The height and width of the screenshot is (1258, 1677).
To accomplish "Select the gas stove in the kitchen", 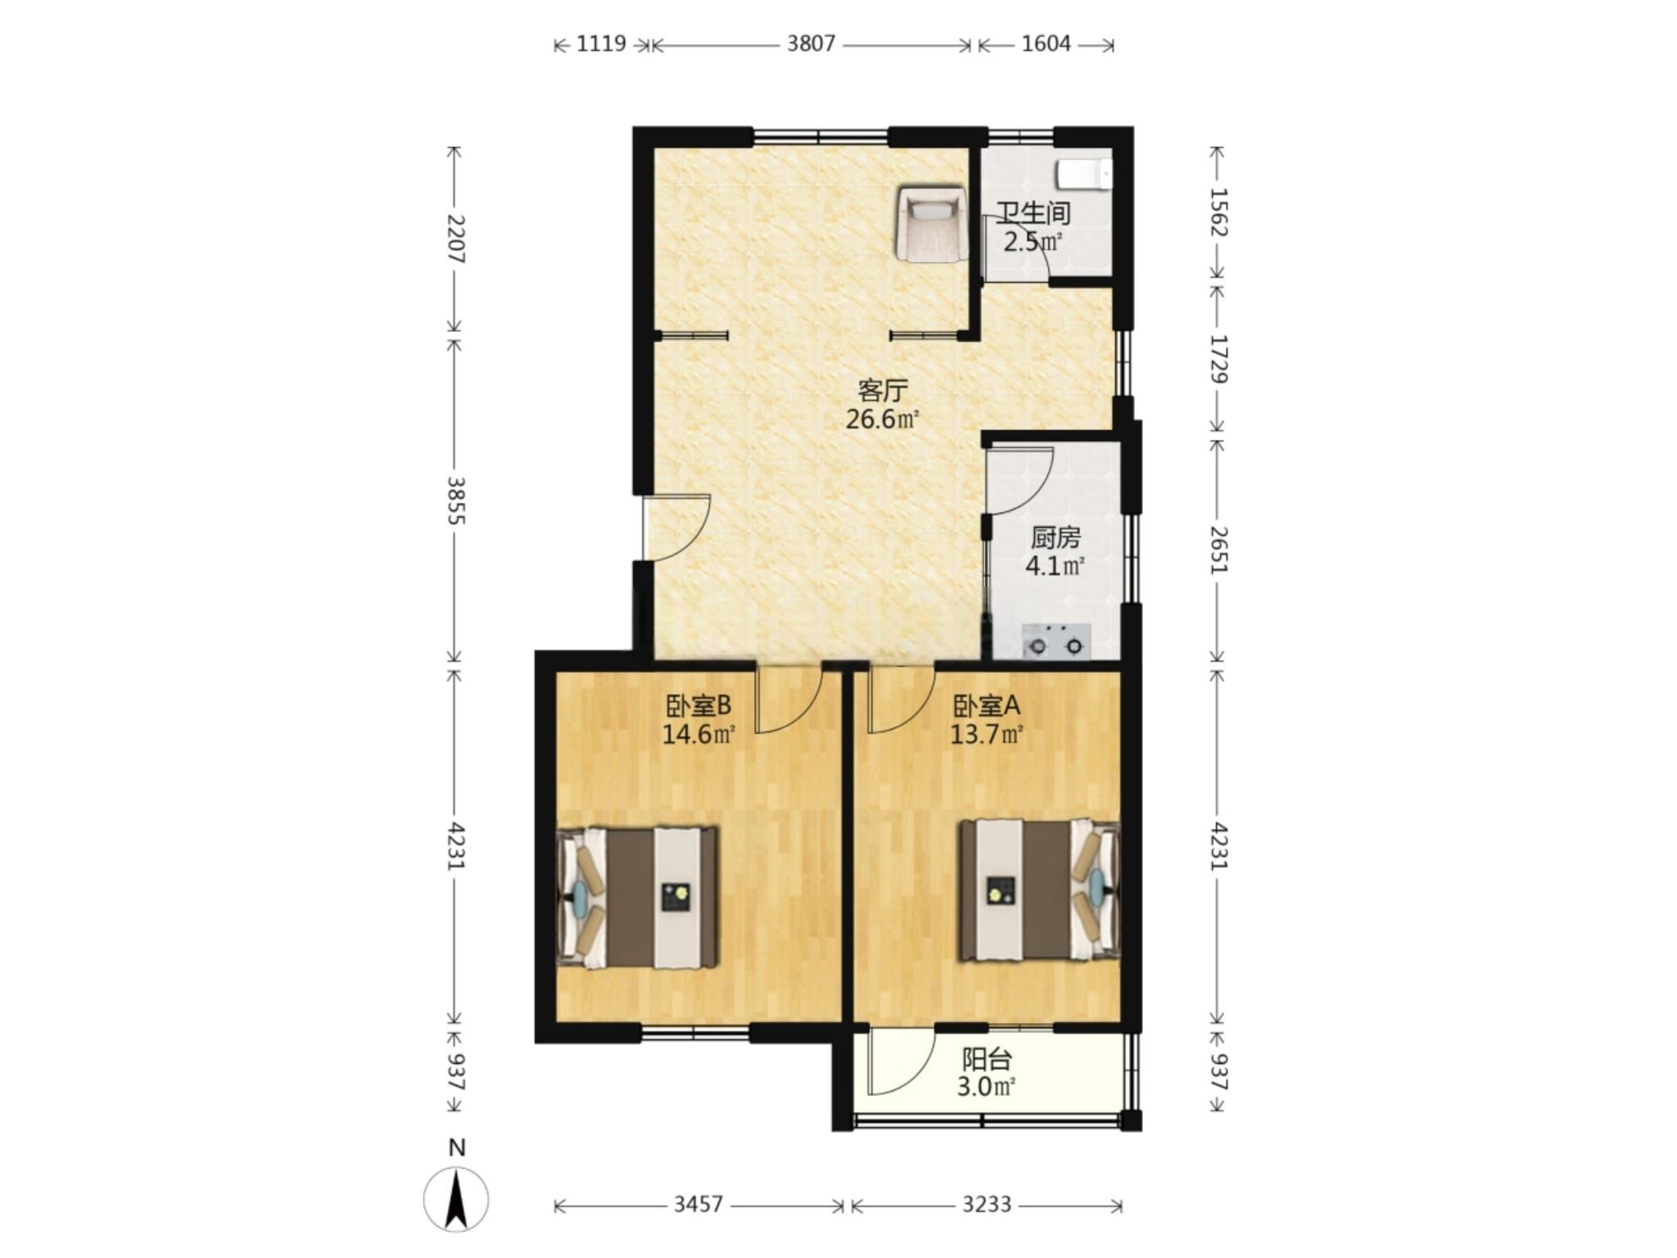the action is [x=1056, y=640].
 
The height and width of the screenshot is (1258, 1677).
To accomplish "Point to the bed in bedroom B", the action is [x=637, y=898].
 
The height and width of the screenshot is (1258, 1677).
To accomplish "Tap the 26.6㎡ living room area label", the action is [x=883, y=420].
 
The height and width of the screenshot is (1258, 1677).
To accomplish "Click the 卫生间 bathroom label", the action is [x=1033, y=213].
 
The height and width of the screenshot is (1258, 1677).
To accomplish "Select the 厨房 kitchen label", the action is [x=1055, y=538].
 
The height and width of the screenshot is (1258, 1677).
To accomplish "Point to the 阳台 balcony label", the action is [x=987, y=1060].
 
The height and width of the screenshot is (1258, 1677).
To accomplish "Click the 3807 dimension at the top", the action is [x=811, y=43].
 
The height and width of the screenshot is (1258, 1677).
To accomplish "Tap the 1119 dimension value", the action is [x=601, y=43].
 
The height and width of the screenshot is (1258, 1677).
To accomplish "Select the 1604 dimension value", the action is [x=1046, y=43].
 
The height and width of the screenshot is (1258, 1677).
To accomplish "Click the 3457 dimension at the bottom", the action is [x=698, y=1204].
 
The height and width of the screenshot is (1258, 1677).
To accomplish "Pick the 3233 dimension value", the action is [x=987, y=1204].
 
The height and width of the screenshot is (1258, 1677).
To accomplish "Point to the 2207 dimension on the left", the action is [x=455, y=239].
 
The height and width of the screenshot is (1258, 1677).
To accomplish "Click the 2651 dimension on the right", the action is [x=1218, y=550].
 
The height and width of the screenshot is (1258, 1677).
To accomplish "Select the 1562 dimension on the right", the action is [x=1218, y=213].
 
